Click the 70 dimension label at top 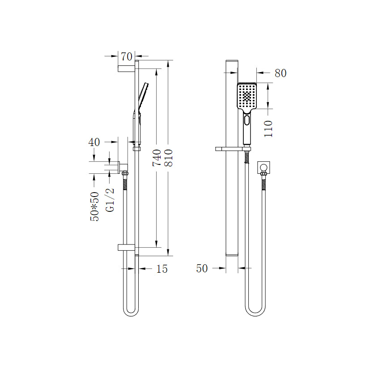pos(127,56)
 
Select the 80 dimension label pos(281,73)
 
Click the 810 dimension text pos(169,158)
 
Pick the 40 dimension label pos(94,142)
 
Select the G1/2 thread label pos(110,199)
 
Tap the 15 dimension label pos(162,269)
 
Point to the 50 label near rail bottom pos(202,268)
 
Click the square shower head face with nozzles pos(247,95)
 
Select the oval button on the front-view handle pos(247,120)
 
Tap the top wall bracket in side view pos(126,68)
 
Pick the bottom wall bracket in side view pos(126,247)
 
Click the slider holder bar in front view pos(233,148)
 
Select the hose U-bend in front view pos(255,312)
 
